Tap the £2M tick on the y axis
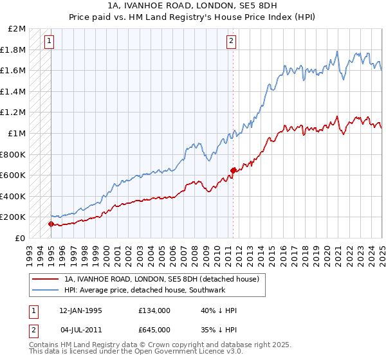coord(17,29)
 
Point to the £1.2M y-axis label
coord(14,113)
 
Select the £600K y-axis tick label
coord(14,175)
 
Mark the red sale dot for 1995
coord(51,224)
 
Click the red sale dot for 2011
coord(233,170)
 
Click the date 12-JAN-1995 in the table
coord(80,310)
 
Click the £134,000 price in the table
coord(154,310)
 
